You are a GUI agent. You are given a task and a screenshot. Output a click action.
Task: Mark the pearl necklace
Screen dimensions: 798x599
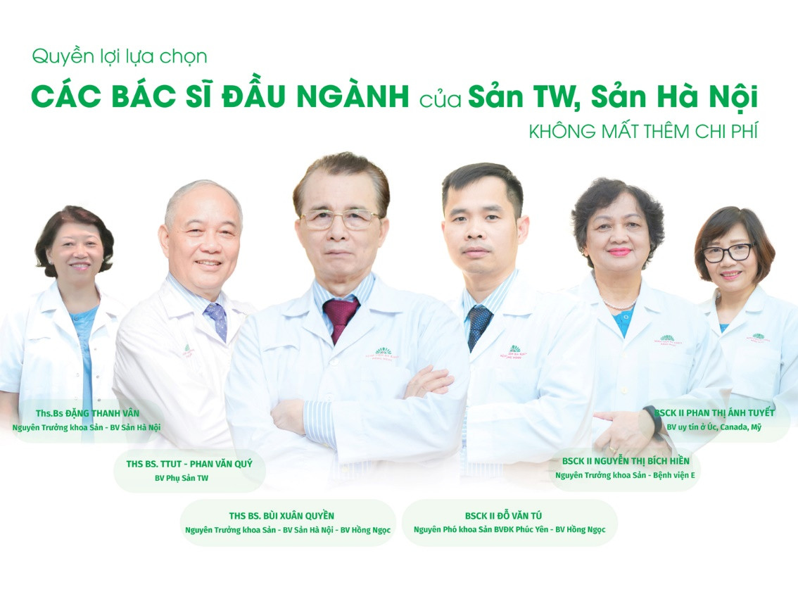click(619, 306)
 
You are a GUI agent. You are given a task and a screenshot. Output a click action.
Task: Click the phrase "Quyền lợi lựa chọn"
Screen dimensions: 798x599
click(120, 56)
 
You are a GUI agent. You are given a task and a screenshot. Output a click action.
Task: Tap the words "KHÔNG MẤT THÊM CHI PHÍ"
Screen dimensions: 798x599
click(643, 132)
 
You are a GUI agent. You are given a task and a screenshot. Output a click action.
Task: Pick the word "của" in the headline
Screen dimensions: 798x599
click(441, 99)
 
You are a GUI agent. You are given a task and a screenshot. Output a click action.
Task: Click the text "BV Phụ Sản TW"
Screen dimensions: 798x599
click(181, 478)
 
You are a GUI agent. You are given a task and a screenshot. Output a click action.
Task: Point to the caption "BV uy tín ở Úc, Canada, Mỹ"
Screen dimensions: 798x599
click(714, 427)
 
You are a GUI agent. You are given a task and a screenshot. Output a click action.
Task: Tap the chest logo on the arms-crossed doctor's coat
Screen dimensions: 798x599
click(383, 353)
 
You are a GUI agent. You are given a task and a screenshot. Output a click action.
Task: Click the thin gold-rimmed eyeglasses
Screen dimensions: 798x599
click(340, 220)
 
